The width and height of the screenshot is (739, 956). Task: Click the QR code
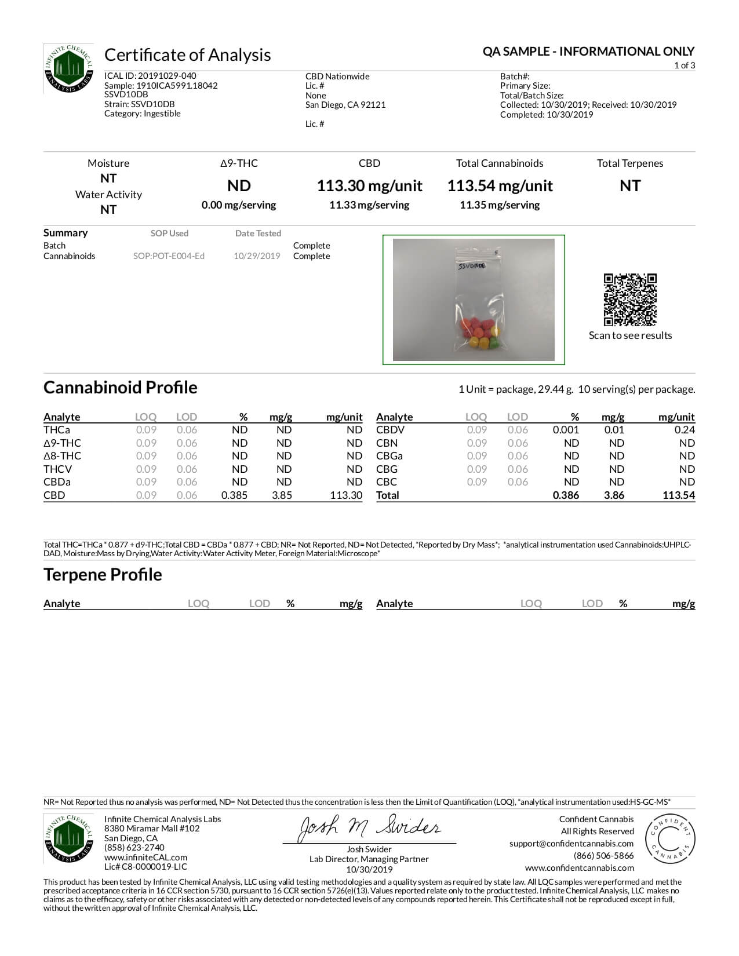coord(630,300)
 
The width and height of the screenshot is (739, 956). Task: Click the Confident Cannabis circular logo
coord(670,839)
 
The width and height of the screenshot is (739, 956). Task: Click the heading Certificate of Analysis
coord(187,55)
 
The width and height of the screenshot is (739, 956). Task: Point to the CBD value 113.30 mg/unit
coord(369,186)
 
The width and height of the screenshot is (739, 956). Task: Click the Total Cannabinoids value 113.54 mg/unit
coord(500,186)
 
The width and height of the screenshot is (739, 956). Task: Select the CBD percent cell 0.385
coord(234,495)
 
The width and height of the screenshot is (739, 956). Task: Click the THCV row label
coord(57,469)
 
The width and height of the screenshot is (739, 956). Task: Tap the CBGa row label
coord(389,456)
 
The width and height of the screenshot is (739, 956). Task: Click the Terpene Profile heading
coord(103,575)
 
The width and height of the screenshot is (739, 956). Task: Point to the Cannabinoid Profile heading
coord(120,388)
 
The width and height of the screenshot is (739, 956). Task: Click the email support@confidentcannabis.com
coord(571,844)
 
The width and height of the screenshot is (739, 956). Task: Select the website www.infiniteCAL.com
coord(145,858)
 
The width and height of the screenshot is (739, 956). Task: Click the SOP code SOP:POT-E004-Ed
coord(169,256)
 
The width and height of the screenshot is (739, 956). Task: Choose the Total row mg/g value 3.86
coord(614,495)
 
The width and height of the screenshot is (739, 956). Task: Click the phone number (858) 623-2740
coord(134,848)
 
